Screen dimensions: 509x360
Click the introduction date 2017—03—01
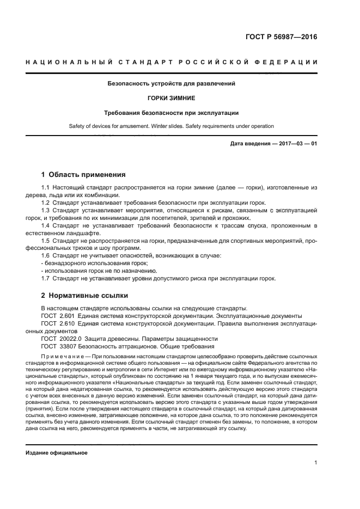297,144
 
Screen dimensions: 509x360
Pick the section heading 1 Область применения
83,175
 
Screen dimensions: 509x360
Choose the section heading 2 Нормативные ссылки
84,296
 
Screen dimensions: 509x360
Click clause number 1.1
46,188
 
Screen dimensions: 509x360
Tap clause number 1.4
46,225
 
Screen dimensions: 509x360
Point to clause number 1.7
46,278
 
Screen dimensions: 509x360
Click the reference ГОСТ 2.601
57,315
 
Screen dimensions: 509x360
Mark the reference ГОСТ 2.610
57,323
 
